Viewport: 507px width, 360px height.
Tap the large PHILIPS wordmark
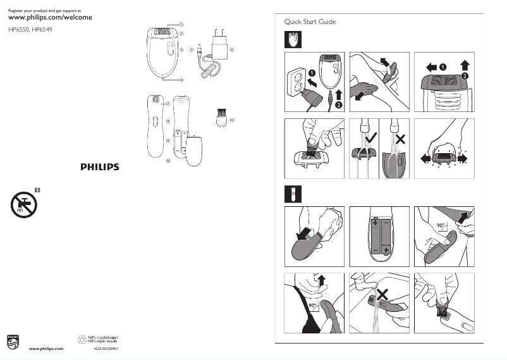(99, 167)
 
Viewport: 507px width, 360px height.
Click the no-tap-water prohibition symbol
(23, 204)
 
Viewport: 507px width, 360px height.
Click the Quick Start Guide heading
(310, 22)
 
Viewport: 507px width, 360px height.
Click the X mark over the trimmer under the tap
(382, 294)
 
